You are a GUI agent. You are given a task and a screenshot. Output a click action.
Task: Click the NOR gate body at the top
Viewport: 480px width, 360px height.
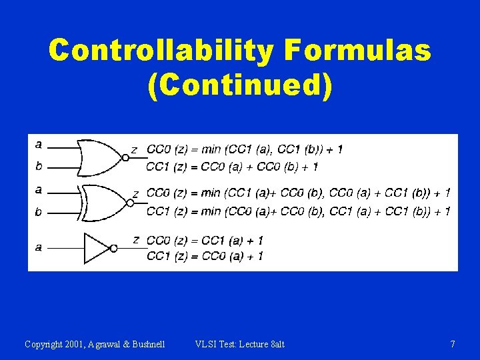[100, 157]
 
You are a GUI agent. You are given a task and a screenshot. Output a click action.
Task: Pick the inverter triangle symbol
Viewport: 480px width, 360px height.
[97, 248]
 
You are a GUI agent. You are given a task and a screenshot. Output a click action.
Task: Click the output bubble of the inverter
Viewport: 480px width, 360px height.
[114, 248]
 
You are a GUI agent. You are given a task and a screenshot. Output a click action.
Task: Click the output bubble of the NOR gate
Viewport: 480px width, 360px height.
[125, 158]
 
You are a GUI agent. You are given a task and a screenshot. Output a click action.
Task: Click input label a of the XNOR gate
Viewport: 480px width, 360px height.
[38, 190]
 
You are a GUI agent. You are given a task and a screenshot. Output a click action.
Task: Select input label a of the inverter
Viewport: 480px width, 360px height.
[38, 247]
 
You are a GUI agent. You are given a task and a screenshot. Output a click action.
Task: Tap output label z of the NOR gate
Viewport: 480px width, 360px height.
[134, 150]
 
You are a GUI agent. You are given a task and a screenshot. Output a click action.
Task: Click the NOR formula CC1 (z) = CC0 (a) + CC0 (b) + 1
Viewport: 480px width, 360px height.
[231, 166]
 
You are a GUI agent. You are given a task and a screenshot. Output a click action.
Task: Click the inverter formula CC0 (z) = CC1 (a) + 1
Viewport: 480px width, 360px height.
[205, 239]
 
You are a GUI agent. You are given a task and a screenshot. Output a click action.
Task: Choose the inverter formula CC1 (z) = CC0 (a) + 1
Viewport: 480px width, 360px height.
[205, 255]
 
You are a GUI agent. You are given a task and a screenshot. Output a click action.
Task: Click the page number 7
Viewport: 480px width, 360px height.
[453, 344]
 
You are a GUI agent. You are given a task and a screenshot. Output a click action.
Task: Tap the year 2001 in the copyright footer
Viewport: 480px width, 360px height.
[75, 344]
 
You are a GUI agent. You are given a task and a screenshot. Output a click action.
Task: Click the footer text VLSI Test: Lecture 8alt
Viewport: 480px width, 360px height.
[239, 344]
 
